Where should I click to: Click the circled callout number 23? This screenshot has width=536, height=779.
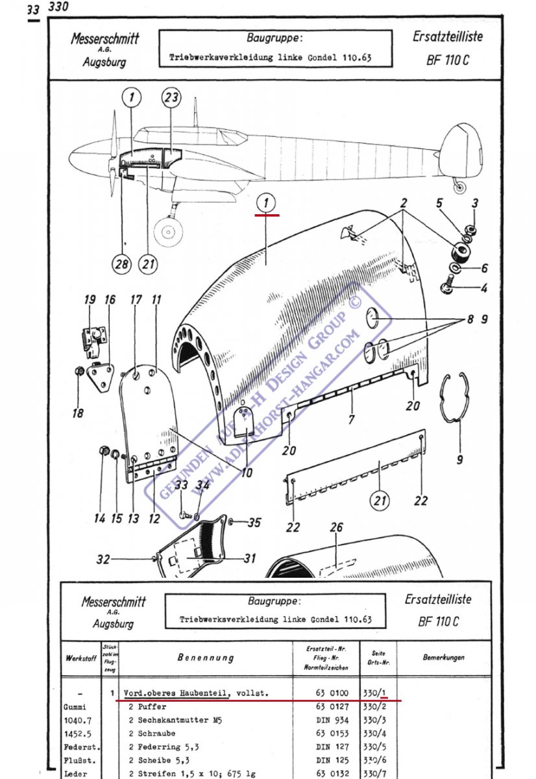[171, 98]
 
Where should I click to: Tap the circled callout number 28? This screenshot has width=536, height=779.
[122, 264]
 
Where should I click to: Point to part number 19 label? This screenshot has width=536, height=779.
[90, 300]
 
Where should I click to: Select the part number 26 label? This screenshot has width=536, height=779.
[336, 528]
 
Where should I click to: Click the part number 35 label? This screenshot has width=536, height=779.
[254, 522]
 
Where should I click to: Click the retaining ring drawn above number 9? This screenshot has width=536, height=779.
[459, 399]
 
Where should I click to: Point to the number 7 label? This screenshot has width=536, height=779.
[351, 420]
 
